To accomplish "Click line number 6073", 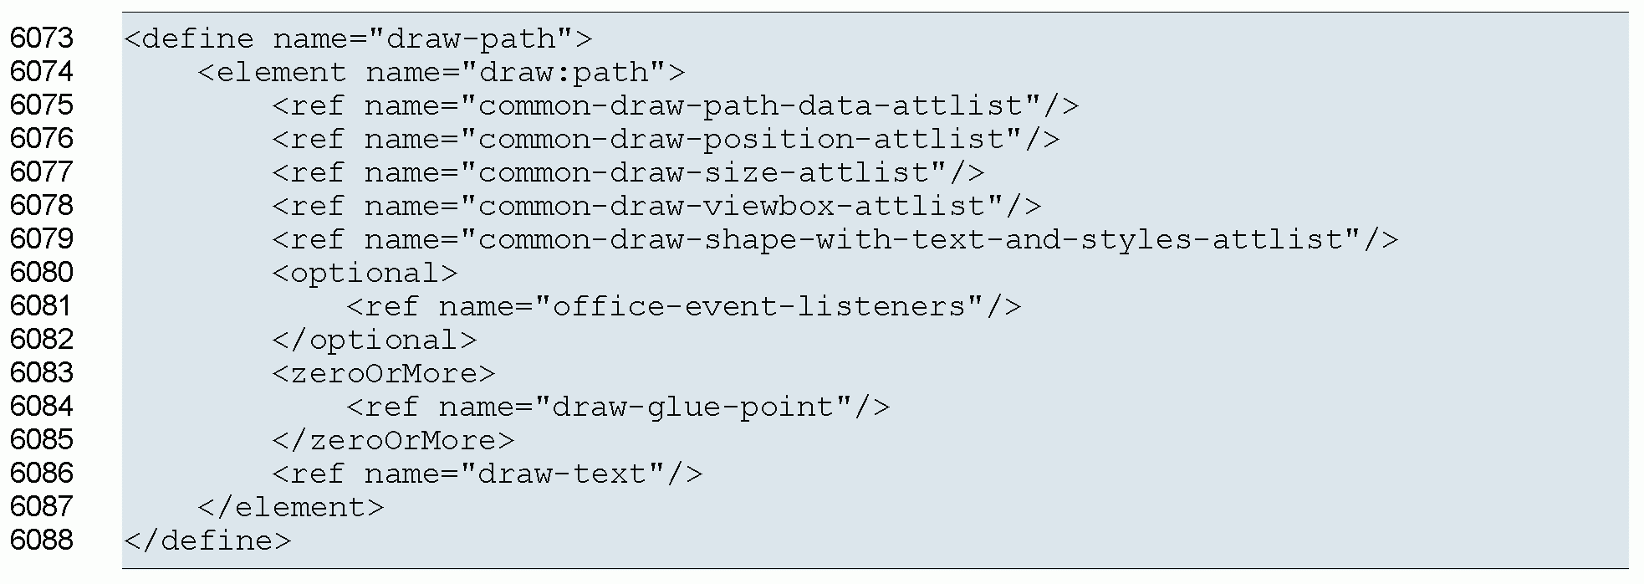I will (x=42, y=38).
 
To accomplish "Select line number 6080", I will (x=42, y=273).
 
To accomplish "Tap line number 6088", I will (x=42, y=540).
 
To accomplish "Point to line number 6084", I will (x=42, y=407).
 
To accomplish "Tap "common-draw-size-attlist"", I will (x=703, y=172).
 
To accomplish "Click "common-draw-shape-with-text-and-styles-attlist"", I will (x=917, y=239).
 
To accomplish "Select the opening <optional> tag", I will (x=365, y=273).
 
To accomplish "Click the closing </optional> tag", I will (x=375, y=340).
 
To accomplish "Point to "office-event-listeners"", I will (x=758, y=306).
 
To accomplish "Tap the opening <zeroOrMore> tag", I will (x=384, y=373).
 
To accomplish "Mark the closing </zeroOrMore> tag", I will (x=393, y=440).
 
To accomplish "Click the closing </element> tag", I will (x=291, y=507).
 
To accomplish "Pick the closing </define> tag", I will (x=207, y=540).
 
